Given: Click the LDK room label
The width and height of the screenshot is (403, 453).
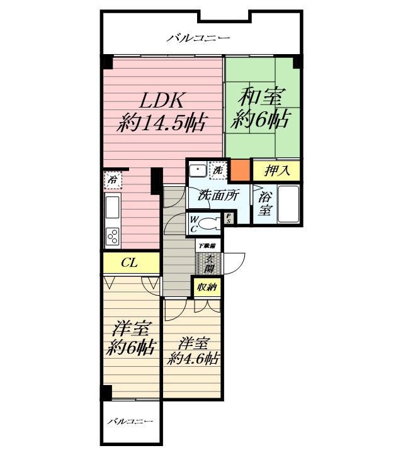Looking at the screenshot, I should [161, 100].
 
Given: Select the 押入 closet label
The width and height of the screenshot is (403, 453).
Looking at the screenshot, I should [276, 170].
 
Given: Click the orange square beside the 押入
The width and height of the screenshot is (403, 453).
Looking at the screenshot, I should [239, 170].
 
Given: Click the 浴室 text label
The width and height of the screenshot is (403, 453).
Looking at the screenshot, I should [264, 204].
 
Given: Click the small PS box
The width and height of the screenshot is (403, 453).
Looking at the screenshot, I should [229, 218].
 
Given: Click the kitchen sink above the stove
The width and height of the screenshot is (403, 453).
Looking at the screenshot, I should [113, 206].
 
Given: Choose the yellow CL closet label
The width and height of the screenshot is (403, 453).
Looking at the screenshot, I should [130, 262].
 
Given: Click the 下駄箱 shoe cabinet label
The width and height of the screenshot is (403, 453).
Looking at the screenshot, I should [208, 245].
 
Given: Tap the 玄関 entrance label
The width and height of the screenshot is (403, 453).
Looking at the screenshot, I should [208, 263].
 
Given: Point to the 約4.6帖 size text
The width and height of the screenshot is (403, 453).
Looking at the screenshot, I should [193, 359].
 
